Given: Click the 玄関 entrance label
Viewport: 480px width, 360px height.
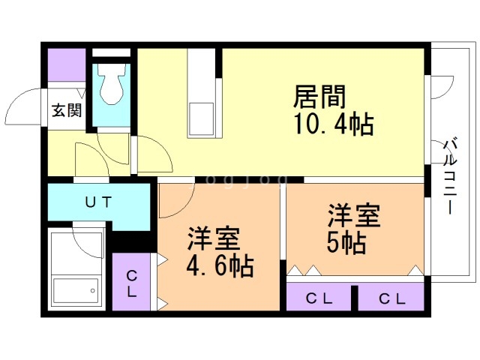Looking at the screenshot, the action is [67, 110].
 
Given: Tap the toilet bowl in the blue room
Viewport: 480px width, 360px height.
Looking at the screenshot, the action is [112, 84].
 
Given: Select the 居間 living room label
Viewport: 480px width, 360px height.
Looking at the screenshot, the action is [319, 97].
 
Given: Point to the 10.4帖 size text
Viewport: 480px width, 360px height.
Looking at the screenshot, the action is [334, 124].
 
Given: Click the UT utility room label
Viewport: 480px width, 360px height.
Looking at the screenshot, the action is [98, 202].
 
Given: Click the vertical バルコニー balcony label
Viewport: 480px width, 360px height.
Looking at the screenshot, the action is [450, 177].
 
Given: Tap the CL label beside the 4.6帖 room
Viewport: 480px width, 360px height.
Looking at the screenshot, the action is [132, 283].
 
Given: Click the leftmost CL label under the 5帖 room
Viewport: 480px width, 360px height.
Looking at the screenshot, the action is [319, 298].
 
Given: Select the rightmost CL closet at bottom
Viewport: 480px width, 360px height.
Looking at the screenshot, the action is [391, 297].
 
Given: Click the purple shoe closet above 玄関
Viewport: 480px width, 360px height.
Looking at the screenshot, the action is [67, 65].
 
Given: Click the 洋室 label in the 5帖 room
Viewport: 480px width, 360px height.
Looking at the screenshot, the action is [354, 215].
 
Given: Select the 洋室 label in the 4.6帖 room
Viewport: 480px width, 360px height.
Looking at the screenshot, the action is [214, 238].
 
